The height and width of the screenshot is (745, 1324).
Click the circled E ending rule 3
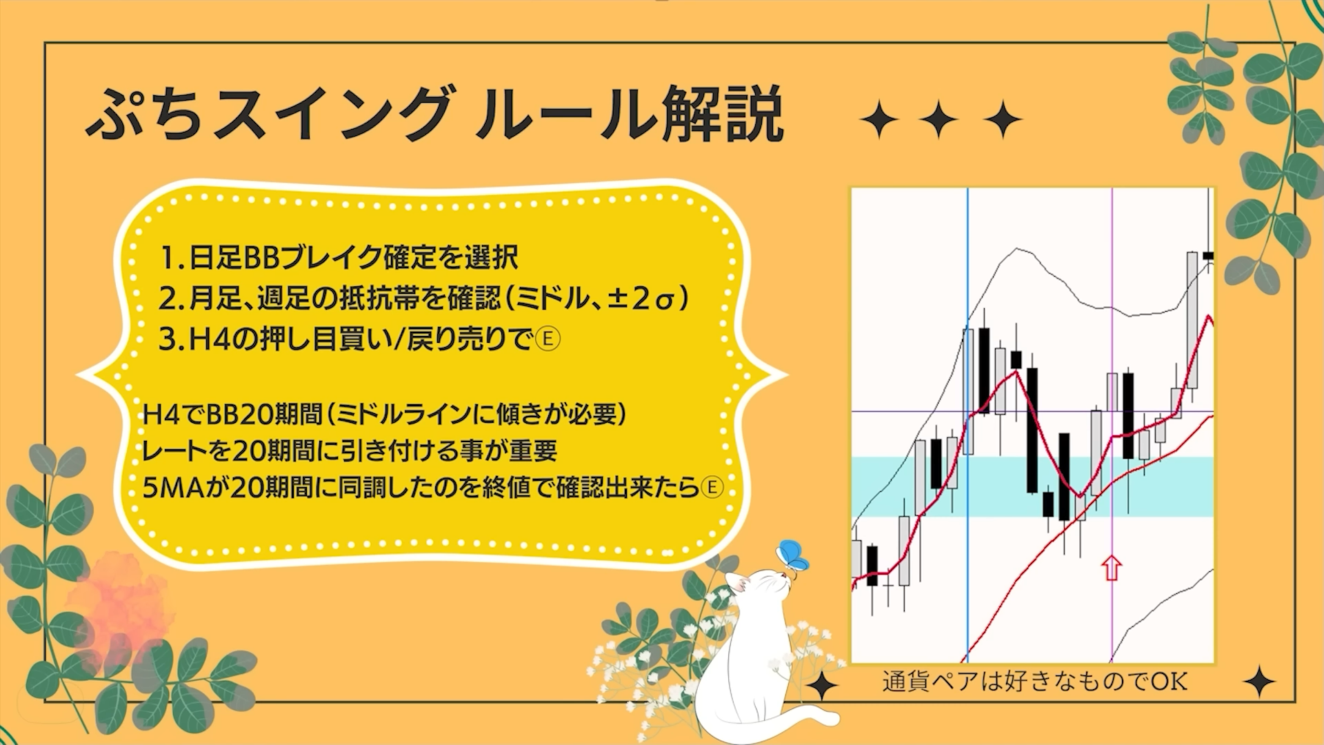[548, 339]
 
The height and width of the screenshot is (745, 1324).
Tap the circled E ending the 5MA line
[712, 488]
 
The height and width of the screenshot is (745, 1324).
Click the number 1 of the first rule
[168, 258]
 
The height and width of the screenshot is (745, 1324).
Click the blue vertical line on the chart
[967, 425]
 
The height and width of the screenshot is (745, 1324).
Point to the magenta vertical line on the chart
[1112, 425]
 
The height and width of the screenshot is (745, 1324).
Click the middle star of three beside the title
[939, 119]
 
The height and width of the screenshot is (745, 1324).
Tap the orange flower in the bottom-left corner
[117, 604]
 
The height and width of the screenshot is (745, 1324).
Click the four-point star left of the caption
[823, 685]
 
